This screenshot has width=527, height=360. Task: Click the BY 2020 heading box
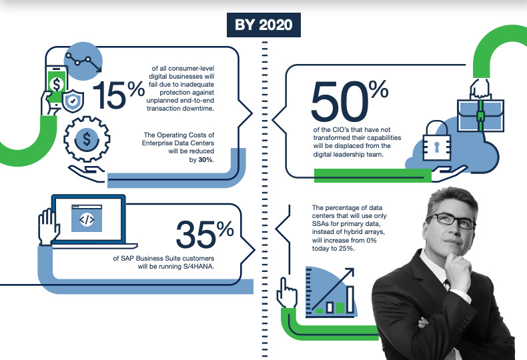(x=263, y=25)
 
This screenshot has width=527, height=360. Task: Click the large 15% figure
(x=119, y=95)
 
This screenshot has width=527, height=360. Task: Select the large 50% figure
(x=350, y=101)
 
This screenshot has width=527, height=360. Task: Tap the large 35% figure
(x=205, y=234)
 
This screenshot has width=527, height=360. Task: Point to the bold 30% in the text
(x=205, y=160)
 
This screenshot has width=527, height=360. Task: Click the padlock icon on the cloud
(x=436, y=141)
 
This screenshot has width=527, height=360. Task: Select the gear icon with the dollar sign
(x=87, y=139)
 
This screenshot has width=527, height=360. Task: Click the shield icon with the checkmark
(x=73, y=101)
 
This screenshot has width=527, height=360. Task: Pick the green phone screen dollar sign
(x=57, y=84)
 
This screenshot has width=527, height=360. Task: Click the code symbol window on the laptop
(x=87, y=218)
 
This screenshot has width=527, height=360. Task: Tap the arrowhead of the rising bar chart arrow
(x=350, y=271)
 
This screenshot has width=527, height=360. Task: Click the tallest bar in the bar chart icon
(x=350, y=299)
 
